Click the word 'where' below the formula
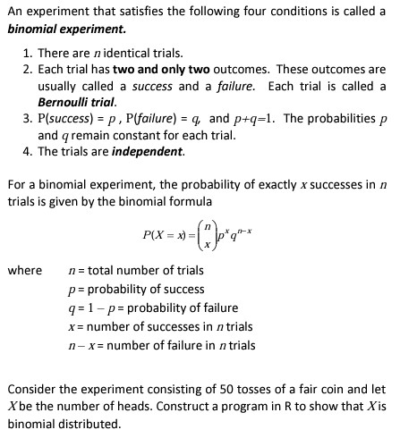tap(25, 269)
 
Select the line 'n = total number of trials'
tap(135, 270)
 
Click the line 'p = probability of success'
tap(136, 288)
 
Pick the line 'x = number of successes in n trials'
tap(159, 325)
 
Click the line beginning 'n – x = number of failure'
tap(161, 345)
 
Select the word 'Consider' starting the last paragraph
tap(31, 391)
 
